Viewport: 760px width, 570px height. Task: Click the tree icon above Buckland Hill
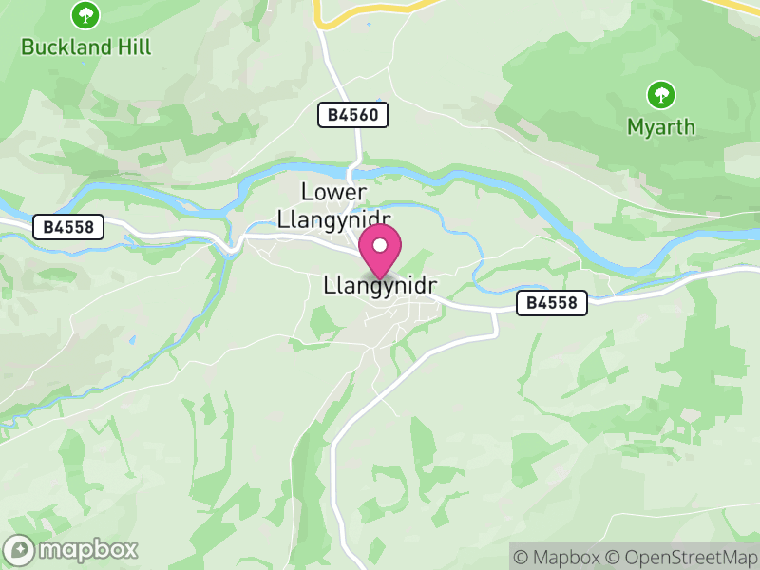pyautogui.click(x=86, y=15)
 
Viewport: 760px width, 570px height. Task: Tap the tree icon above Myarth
pyautogui.click(x=660, y=95)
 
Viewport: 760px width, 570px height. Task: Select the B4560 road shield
pyautogui.click(x=353, y=116)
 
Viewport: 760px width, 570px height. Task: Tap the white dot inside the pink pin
pyautogui.click(x=380, y=245)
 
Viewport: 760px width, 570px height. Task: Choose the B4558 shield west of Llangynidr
pyautogui.click(x=67, y=227)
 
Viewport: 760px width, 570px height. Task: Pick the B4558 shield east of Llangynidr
pyautogui.click(x=552, y=303)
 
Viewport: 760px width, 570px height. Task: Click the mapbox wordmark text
pyautogui.click(x=87, y=549)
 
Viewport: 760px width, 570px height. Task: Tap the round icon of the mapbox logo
pyautogui.click(x=19, y=549)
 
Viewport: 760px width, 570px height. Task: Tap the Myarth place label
pyautogui.click(x=660, y=126)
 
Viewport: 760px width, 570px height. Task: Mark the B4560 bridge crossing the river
pyautogui.click(x=352, y=173)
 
